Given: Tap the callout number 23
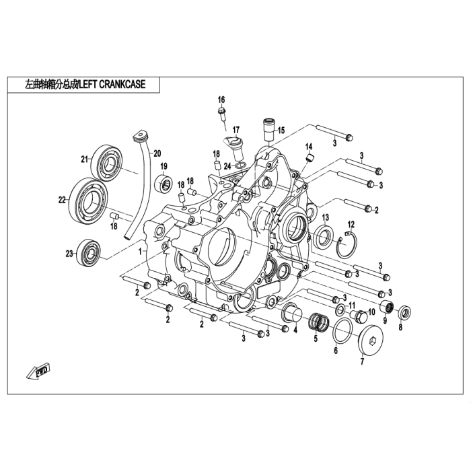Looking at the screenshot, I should (68, 253).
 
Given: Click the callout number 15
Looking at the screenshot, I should (281, 130).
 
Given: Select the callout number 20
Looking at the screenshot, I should (157, 152).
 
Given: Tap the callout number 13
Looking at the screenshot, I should (325, 217).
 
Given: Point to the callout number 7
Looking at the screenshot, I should (362, 362).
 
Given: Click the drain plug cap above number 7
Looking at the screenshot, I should (370, 340).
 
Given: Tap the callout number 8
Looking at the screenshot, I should (400, 328).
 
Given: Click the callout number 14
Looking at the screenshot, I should (310, 147).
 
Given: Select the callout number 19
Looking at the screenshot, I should (164, 167).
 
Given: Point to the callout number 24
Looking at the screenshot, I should (228, 166).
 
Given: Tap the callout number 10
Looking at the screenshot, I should (371, 312).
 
